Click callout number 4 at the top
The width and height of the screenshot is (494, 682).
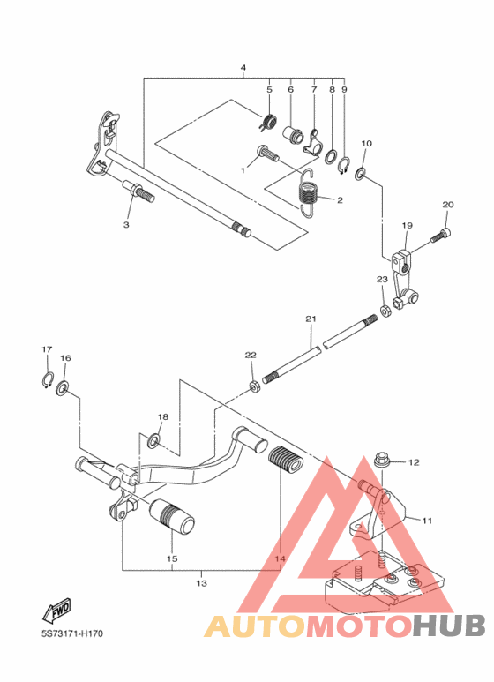point(243,68)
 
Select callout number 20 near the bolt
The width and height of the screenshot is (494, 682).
point(447,205)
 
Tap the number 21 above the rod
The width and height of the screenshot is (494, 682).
point(311,319)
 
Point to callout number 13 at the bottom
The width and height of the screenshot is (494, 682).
point(201,583)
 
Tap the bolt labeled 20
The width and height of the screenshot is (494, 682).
point(441,236)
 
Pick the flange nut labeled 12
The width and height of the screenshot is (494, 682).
point(383,461)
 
